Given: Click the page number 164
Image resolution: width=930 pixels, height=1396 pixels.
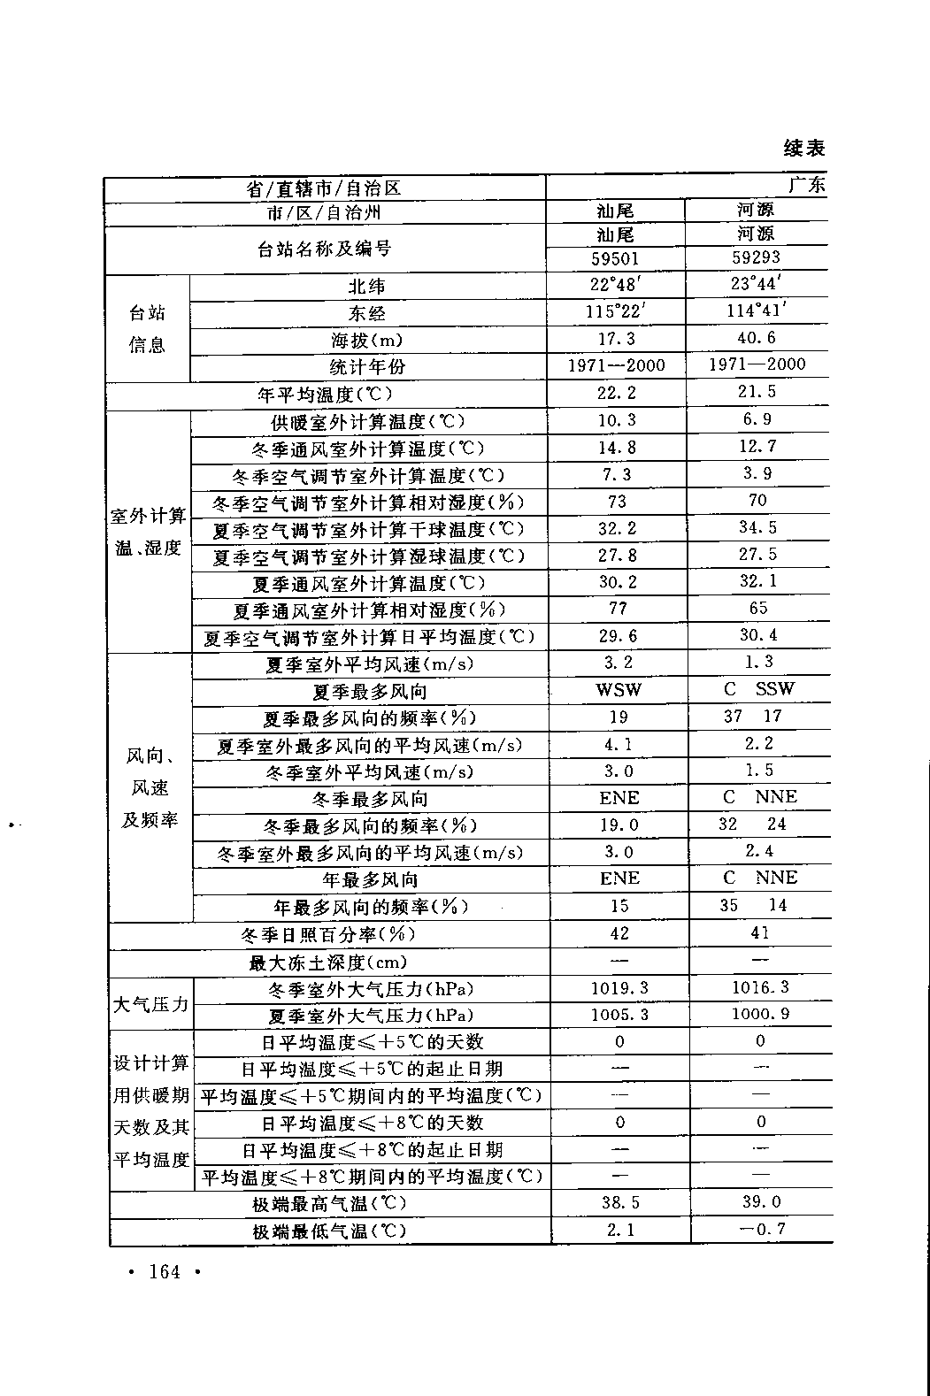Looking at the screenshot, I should click(x=165, y=1272).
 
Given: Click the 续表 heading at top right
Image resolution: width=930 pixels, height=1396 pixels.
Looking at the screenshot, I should click(x=803, y=147).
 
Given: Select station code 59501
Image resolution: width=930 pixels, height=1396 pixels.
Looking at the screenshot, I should click(x=615, y=259).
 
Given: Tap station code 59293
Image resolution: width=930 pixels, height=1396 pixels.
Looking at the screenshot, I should click(x=756, y=257).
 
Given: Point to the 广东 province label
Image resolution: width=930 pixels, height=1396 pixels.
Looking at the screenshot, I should click(x=806, y=185).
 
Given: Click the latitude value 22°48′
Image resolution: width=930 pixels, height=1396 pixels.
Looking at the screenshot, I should click(x=615, y=285).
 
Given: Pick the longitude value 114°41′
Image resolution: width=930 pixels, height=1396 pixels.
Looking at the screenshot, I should click(x=757, y=311).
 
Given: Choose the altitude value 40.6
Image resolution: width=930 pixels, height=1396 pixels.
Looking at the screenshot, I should click(x=757, y=338).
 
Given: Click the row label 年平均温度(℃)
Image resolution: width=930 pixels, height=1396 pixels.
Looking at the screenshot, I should click(x=325, y=394).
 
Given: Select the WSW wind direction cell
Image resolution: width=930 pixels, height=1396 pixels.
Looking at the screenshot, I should click(x=619, y=690).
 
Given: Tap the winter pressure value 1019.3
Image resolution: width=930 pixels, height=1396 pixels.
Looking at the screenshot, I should click(x=619, y=988).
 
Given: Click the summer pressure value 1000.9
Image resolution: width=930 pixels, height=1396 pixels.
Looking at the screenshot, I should click(x=760, y=1014).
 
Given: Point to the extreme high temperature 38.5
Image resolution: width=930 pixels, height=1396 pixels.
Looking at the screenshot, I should click(x=619, y=1203).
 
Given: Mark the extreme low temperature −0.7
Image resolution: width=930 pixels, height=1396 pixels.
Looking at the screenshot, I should click(x=760, y=1229).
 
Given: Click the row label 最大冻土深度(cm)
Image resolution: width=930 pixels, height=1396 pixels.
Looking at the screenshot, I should click(x=328, y=962).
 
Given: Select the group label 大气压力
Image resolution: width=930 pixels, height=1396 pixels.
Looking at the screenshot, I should click(x=151, y=1003).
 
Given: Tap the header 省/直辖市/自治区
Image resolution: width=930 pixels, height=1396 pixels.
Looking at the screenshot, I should click(x=324, y=188).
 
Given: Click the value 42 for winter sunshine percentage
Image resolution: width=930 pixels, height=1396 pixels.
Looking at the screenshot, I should click(x=619, y=933).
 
